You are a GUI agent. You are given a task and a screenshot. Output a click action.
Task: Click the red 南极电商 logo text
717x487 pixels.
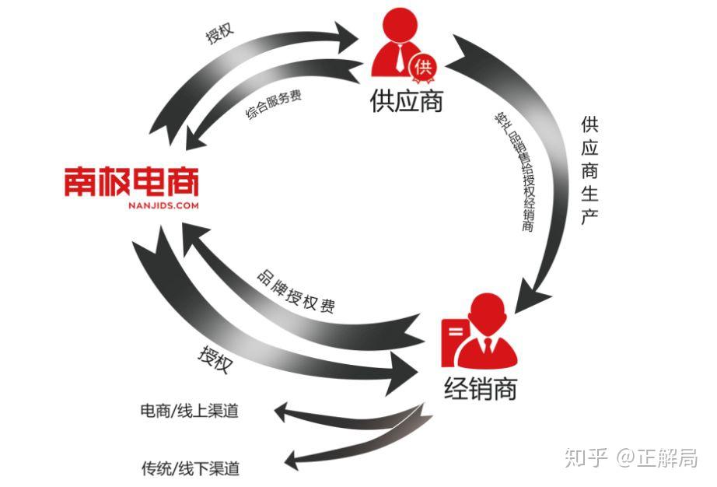(x=131, y=181)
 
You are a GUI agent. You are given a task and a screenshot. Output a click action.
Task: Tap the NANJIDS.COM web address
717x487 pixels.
(x=163, y=206)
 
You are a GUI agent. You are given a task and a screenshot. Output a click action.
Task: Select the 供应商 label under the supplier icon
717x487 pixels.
(x=407, y=100)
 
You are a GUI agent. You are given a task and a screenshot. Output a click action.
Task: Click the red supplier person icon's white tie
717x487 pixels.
(x=400, y=58)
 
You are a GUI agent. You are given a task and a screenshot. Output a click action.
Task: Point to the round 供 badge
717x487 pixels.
(x=423, y=68)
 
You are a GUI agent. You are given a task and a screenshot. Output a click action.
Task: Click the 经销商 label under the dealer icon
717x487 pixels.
(x=481, y=389)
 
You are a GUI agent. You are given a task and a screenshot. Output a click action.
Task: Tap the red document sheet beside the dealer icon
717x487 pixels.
(x=454, y=342)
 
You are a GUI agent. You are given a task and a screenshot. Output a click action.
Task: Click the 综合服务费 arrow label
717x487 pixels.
(x=273, y=105)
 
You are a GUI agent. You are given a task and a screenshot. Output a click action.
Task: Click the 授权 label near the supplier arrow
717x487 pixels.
(x=220, y=33)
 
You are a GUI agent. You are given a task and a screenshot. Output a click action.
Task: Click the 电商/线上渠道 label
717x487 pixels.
(x=189, y=411)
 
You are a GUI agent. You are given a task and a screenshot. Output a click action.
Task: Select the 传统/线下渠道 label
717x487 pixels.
(x=191, y=468)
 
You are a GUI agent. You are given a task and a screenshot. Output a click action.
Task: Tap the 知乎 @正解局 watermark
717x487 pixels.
(x=631, y=457)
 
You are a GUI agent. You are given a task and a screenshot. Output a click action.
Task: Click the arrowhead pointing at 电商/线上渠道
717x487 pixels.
(x=282, y=412)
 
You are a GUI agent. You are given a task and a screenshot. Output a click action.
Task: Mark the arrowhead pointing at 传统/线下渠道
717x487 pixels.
(x=292, y=460)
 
